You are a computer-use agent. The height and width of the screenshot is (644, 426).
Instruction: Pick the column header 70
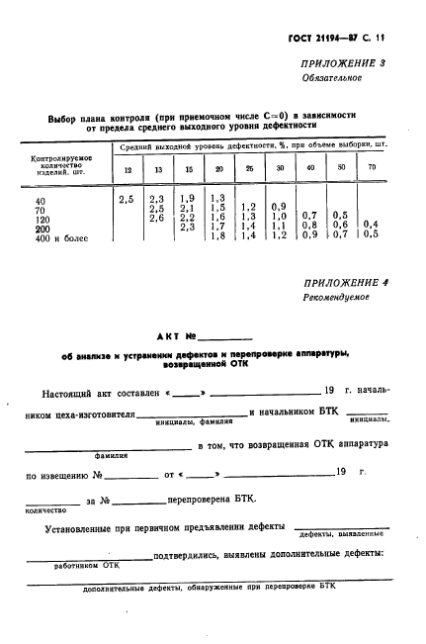(x=372, y=169)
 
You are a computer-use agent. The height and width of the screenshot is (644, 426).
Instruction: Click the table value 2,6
(x=156, y=219)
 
